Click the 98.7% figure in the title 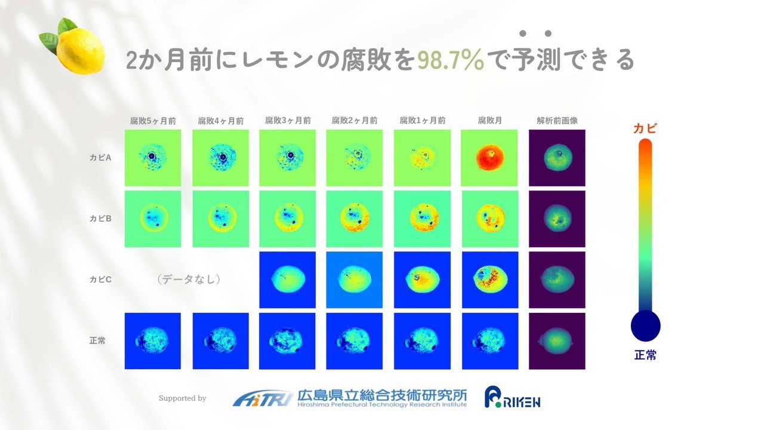click(x=451, y=60)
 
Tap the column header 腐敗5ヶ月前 click(x=153, y=121)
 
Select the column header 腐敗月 click(x=489, y=121)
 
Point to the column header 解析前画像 click(x=557, y=121)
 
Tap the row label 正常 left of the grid click(x=97, y=340)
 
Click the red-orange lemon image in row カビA click(x=489, y=158)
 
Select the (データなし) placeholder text click(x=189, y=279)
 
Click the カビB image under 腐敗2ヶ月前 click(x=355, y=219)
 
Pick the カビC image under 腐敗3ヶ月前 click(x=287, y=279)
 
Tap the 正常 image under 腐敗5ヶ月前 click(x=153, y=341)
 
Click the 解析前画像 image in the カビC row click(x=557, y=279)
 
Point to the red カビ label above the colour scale click(x=645, y=128)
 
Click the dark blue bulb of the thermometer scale click(x=645, y=326)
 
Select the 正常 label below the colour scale click(x=645, y=355)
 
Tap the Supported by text click(x=183, y=398)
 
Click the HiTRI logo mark click(x=263, y=398)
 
